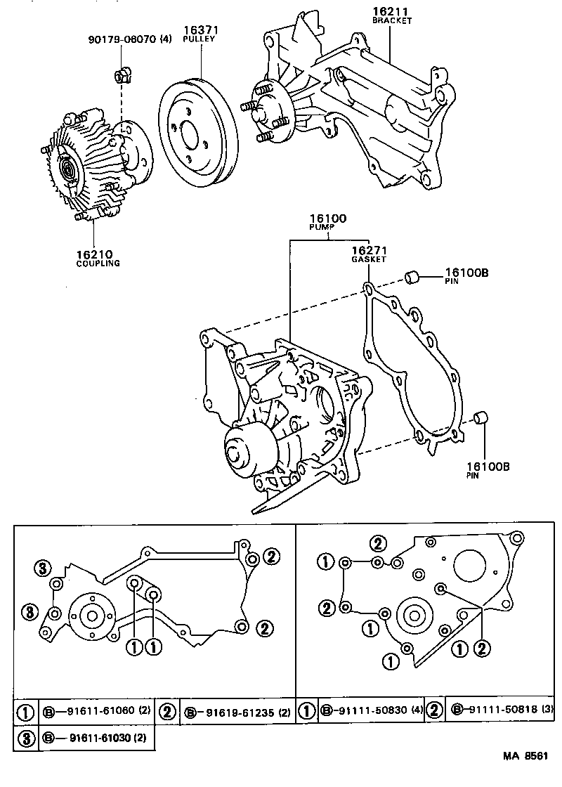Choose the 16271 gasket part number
point(369,249)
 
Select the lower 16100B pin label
point(484,466)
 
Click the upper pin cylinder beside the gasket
point(413,276)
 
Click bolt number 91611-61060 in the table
point(91,713)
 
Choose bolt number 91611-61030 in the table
point(91,738)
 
